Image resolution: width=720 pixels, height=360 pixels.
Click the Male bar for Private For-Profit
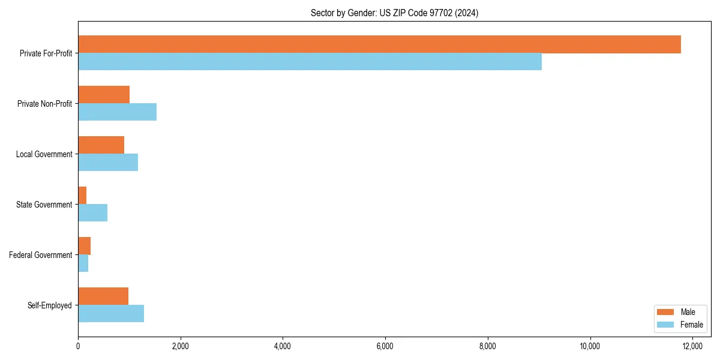[x=379, y=44]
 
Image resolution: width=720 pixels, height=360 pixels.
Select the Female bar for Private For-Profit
[x=310, y=62]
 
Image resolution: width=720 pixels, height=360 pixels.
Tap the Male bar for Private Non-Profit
[x=104, y=95]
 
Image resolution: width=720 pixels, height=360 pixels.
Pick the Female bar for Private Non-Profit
[x=117, y=112]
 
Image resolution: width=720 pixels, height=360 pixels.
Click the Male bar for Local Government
[x=101, y=145]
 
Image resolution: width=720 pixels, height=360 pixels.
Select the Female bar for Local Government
[x=108, y=163]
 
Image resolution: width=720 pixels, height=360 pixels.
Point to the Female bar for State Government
[x=92, y=213]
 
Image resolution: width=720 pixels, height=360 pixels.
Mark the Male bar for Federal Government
[x=84, y=246]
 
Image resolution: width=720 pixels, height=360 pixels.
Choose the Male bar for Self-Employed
[x=103, y=296]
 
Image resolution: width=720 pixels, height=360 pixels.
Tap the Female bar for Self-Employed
[x=111, y=314]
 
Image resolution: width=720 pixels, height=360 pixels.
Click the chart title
[x=394, y=13]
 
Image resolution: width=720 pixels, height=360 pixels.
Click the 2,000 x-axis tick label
[x=180, y=346]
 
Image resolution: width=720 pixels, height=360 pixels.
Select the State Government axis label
[x=44, y=205]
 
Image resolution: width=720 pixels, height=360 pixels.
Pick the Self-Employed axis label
[x=50, y=305]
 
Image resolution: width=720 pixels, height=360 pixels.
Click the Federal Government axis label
[x=41, y=255]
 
